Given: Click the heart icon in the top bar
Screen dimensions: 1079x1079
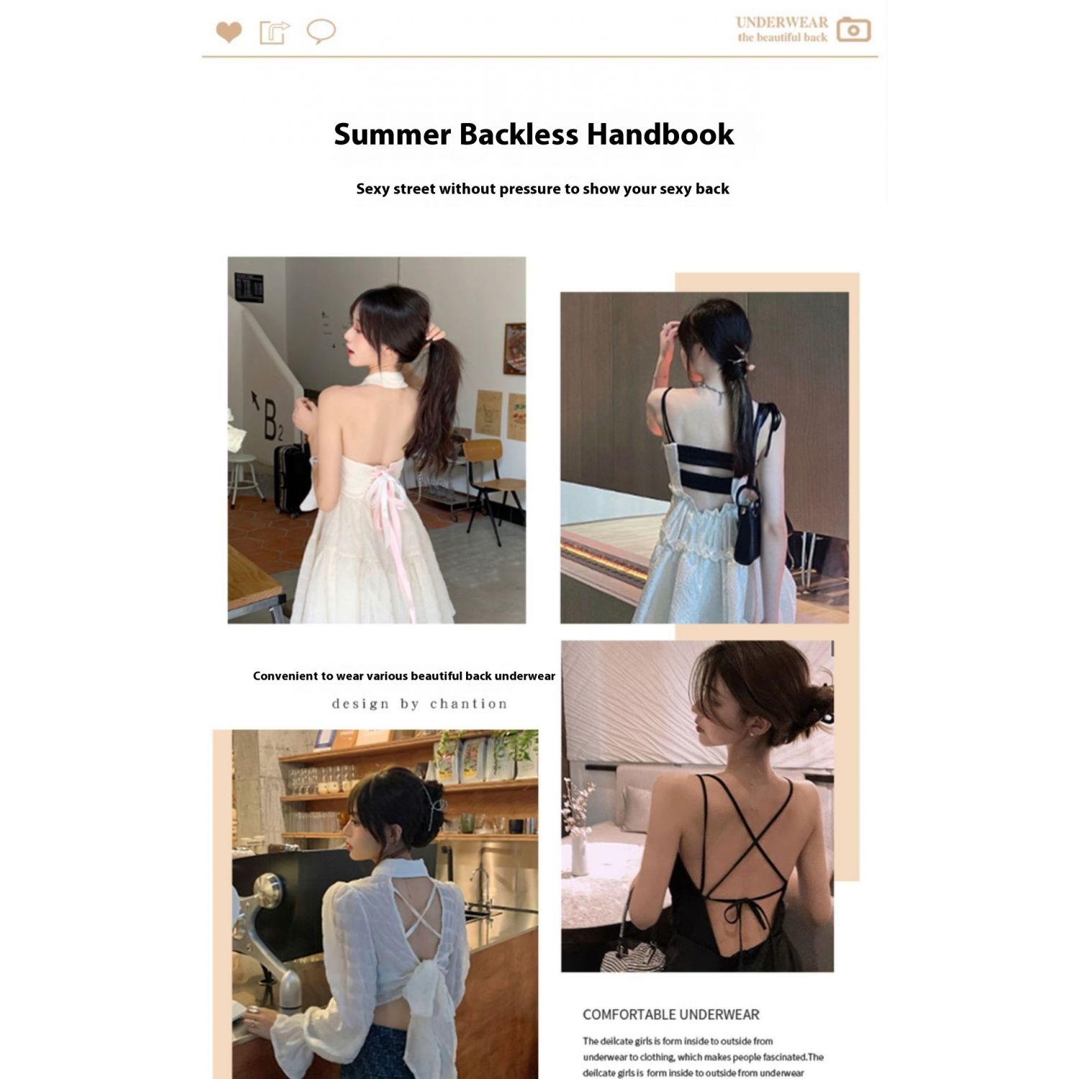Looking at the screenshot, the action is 229,32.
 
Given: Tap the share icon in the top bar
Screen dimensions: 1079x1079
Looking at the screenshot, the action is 274,32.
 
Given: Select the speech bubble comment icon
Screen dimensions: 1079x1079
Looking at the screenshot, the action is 321,32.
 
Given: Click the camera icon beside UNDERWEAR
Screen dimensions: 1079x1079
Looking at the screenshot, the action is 853,30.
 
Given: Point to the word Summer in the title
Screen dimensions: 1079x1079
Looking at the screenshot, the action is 392,134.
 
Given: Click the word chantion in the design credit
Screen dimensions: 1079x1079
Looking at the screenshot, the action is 468,704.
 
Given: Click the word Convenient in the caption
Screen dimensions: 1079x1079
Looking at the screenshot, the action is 286,675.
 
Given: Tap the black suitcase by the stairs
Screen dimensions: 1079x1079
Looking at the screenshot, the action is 291,478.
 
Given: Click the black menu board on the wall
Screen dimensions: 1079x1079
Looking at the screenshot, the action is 249,288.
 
